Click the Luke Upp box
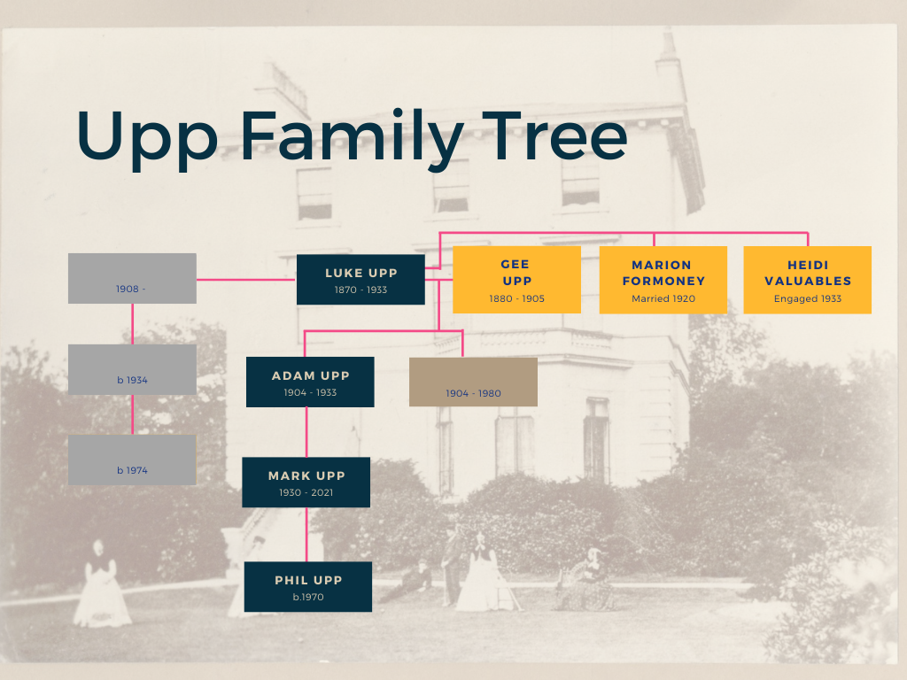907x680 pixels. [360, 280]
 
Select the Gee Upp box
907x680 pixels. [516, 280]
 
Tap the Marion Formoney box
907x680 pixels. [663, 280]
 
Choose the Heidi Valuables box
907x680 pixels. [807, 280]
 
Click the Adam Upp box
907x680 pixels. [310, 382]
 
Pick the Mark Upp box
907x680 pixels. [306, 483]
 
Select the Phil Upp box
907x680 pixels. [308, 587]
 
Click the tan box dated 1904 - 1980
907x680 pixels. [473, 382]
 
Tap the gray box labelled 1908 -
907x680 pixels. [132, 279]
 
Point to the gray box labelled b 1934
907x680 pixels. [132, 369]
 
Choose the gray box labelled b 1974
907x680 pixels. [132, 460]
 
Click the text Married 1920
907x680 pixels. [663, 299]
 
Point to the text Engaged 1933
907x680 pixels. [807, 299]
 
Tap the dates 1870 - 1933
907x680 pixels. [360, 290]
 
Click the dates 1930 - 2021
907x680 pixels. [306, 492]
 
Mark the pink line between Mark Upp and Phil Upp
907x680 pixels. [306, 535]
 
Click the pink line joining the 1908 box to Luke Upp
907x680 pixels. [246, 280]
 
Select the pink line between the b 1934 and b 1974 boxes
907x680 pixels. [132, 414]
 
